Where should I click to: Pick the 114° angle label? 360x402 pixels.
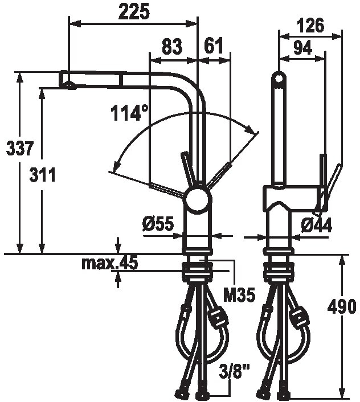point(126,114)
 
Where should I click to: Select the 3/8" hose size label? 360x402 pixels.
point(234,373)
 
